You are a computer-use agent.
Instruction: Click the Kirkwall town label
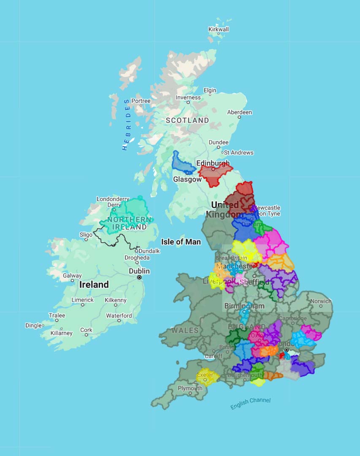(x=219, y=30)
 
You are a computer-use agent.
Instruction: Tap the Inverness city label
(x=188, y=98)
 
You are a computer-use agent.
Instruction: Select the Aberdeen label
(x=239, y=112)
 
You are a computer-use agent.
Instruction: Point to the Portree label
(x=141, y=101)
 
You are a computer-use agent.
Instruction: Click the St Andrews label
(x=238, y=152)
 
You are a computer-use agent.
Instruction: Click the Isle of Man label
(x=181, y=242)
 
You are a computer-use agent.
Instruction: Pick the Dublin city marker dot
(x=139, y=277)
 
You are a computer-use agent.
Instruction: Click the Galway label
(x=72, y=276)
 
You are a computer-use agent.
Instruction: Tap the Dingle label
(x=33, y=325)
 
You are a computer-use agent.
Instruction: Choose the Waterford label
(x=119, y=315)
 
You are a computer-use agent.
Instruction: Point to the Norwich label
(x=321, y=301)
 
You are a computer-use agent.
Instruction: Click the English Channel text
(x=250, y=404)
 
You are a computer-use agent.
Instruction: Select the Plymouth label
(x=190, y=388)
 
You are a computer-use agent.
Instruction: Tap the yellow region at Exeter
(x=206, y=376)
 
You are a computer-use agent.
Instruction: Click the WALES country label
(x=185, y=330)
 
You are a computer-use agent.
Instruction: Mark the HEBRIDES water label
(x=127, y=125)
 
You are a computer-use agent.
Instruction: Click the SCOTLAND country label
(x=187, y=120)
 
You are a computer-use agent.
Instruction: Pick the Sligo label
(x=86, y=235)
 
